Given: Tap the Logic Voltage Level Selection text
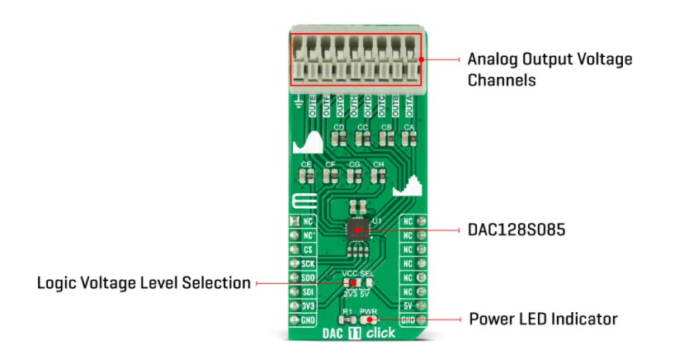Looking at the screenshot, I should coord(144,283).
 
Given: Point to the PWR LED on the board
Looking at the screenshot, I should coord(368,320).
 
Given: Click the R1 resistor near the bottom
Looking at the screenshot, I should coord(347,320).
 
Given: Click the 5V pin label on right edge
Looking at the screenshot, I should coord(408,306).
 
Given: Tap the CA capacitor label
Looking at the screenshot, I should coord(408,126).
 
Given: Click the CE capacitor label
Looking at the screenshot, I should coord(307,165).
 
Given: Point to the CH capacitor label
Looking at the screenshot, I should coord(379,165).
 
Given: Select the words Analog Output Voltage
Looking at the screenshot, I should coord(550,59).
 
